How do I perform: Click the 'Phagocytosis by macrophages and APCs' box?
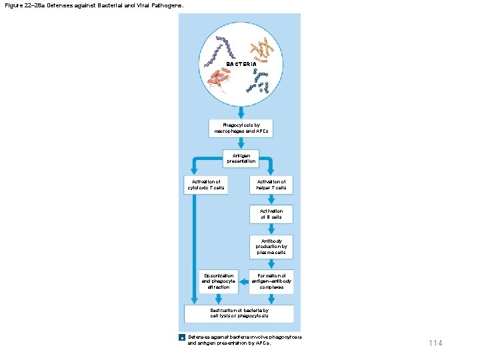(240, 128)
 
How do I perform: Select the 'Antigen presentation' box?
(240, 158)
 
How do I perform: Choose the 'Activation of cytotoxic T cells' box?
(205, 185)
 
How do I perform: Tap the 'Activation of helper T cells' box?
(271, 185)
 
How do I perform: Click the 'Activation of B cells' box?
(271, 214)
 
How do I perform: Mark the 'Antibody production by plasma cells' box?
(271, 247)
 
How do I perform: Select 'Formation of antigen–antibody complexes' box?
(271, 281)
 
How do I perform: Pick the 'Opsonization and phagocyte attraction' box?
(218, 281)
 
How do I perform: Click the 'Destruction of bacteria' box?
(239, 313)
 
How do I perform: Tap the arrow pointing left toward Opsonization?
(243, 281)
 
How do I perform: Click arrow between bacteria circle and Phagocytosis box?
(240, 115)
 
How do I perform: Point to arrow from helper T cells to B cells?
(271, 199)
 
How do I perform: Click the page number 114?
(435, 343)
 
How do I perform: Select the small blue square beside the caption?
(182, 338)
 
